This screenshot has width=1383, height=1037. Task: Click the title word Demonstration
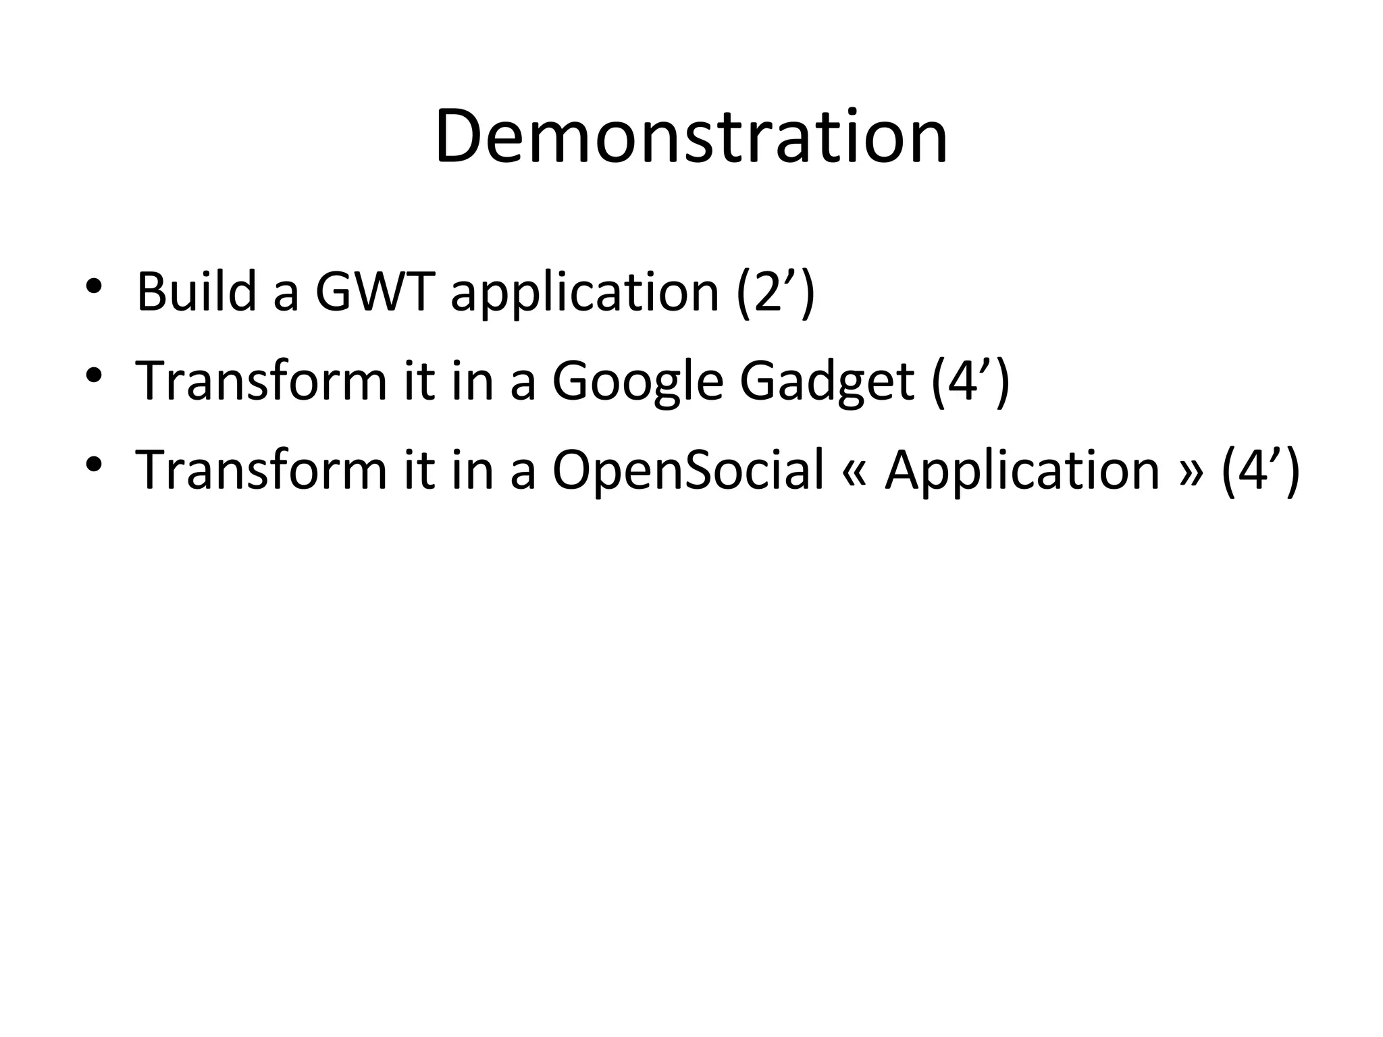pyautogui.click(x=691, y=138)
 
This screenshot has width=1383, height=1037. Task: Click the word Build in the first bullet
pyautogui.click(x=196, y=292)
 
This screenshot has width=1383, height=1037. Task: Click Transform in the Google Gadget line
pyautogui.click(x=261, y=381)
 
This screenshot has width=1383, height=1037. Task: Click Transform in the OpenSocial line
pyautogui.click(x=261, y=470)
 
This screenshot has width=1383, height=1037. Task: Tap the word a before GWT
pyautogui.click(x=286, y=297)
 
